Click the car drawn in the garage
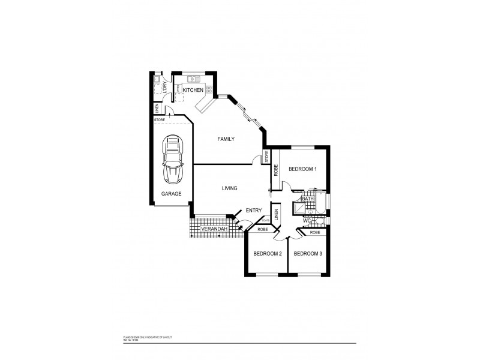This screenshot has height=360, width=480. pyautogui.click(x=173, y=161)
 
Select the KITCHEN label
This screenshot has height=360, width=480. pyautogui.click(x=193, y=90)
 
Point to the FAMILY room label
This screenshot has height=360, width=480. pyautogui.click(x=225, y=139)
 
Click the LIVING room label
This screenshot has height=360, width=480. pyautogui.click(x=229, y=188)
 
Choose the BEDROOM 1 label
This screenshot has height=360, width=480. pyautogui.click(x=302, y=169)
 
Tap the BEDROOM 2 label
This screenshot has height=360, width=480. pyautogui.click(x=267, y=254)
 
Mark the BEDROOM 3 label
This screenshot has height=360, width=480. pyautogui.click(x=308, y=254)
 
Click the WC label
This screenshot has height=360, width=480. pyautogui.click(x=307, y=221)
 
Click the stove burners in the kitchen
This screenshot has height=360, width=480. pyautogui.click(x=209, y=90)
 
